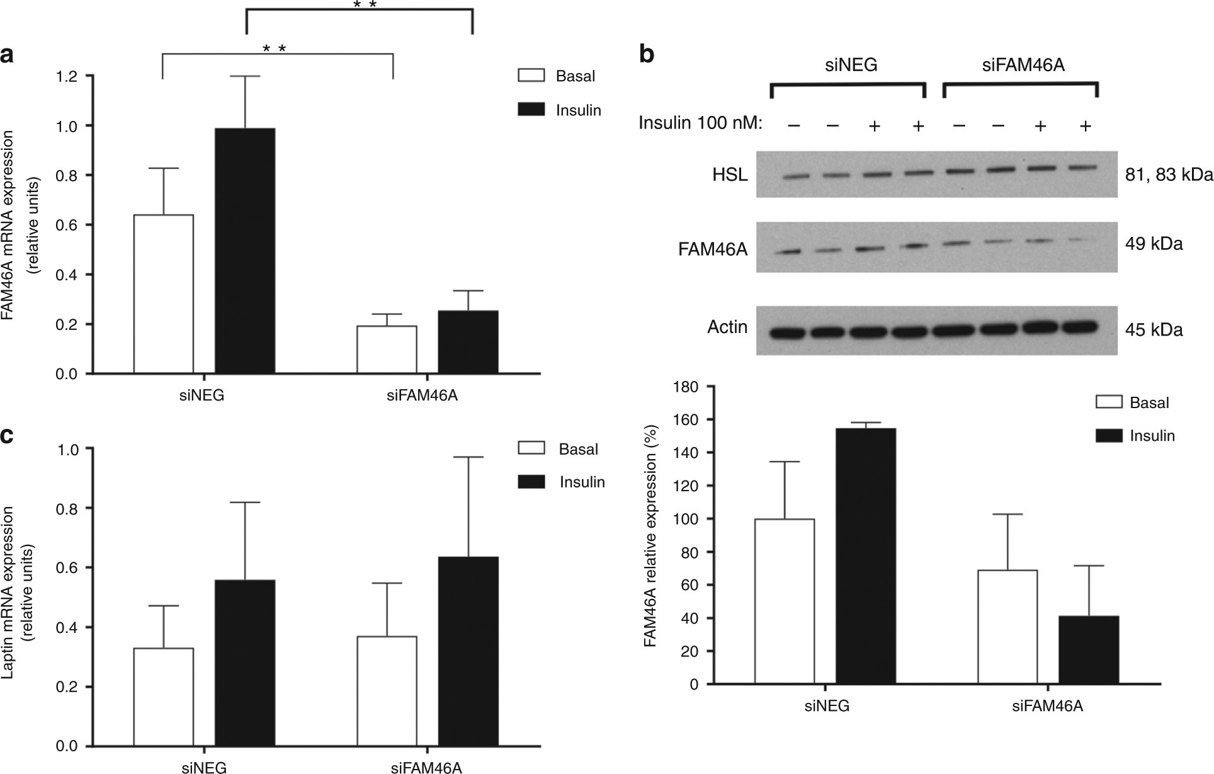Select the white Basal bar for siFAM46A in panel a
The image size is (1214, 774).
click(387, 350)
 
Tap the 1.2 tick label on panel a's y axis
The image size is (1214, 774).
click(67, 76)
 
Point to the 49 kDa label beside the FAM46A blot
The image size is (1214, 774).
click(1154, 244)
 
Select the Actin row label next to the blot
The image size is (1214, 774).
click(727, 327)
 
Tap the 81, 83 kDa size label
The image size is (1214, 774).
click(1169, 174)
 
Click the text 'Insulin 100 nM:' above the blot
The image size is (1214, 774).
click(700, 123)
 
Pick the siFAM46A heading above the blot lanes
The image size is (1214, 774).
click(1023, 64)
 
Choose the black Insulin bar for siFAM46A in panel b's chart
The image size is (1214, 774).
click(1088, 650)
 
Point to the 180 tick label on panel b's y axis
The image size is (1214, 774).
click(686, 387)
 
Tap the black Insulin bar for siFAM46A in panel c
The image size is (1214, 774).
click(468, 652)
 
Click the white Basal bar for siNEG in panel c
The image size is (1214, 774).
click(163, 697)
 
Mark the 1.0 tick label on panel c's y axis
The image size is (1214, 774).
click(67, 449)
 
